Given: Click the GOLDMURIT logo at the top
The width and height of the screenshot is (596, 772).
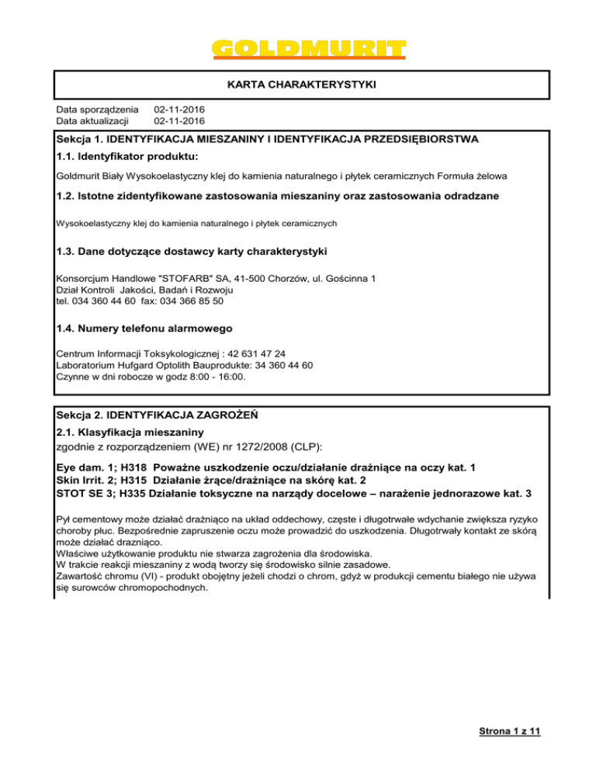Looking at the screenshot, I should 309,46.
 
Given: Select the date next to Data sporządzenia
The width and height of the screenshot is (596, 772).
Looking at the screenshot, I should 179,110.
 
